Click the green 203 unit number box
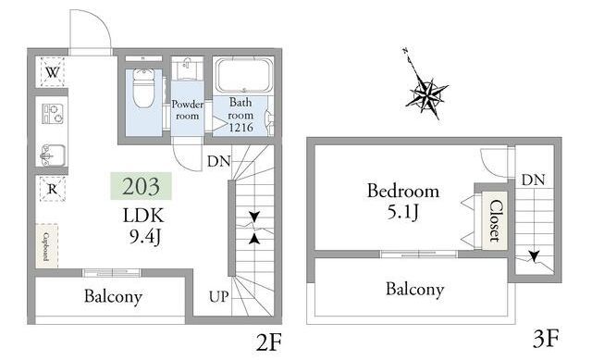(141, 186)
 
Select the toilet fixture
(144, 89)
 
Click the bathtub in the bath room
(244, 75)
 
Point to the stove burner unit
(53, 114)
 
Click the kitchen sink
(53, 155)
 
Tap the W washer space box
(52, 72)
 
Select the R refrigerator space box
(53, 189)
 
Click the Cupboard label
(46, 246)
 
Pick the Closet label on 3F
(496, 220)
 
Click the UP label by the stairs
(219, 297)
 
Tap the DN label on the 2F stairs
(218, 162)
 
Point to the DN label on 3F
(533, 180)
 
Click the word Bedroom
(403, 191)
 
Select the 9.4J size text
(145, 237)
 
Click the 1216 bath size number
(240, 128)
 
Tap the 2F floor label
(268, 342)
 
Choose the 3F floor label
(546, 339)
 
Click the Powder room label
(187, 110)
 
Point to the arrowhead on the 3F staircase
(534, 256)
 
